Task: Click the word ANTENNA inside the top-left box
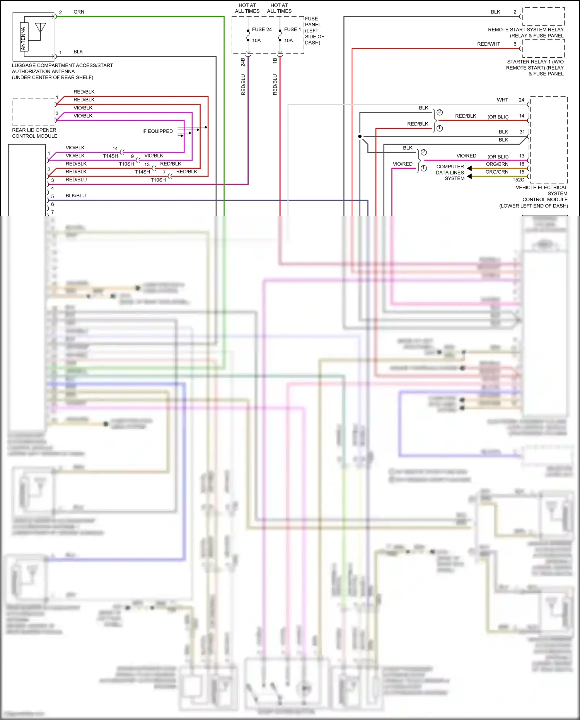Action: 23,38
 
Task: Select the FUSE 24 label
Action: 262,29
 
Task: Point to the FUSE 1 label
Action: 292,29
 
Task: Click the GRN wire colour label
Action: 79,12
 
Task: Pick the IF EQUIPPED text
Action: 157,131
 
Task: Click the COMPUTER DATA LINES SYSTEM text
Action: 450,173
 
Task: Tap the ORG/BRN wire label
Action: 497,164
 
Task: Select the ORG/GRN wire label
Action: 497,172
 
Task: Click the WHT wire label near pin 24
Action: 502,100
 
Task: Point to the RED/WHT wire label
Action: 488,44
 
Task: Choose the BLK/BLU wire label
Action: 76,196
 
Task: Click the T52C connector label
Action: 518,180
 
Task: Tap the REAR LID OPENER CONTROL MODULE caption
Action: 34,133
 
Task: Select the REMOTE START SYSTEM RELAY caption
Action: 525,32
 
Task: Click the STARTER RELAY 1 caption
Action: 535,68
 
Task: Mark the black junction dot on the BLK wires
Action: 360,137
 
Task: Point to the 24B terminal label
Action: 243,62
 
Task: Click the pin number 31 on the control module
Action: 522,132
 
